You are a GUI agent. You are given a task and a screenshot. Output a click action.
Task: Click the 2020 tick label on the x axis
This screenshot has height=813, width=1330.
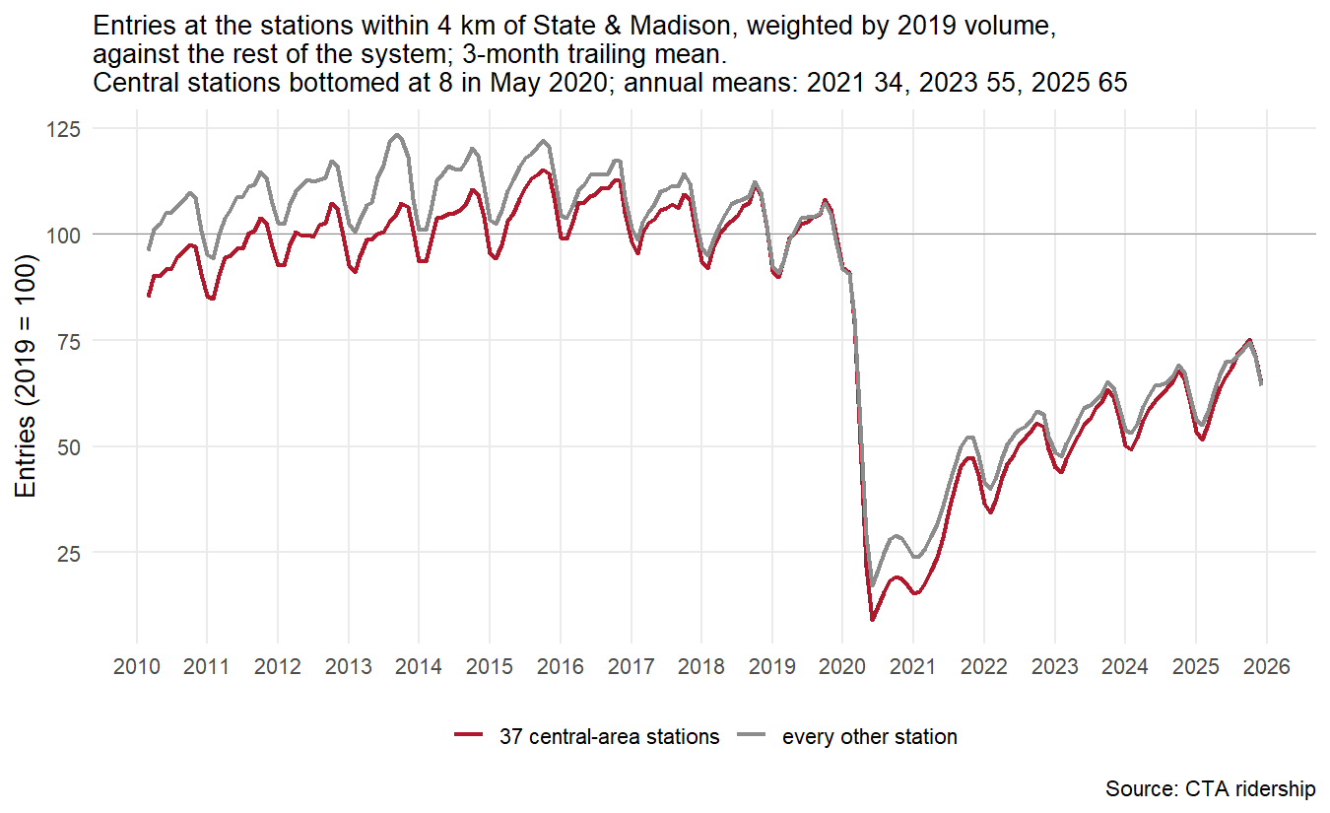pos(842,667)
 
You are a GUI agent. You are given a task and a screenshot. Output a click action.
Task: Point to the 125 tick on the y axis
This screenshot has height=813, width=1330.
pos(63,129)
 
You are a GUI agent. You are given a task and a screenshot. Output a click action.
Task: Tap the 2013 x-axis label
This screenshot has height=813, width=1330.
pos(348,667)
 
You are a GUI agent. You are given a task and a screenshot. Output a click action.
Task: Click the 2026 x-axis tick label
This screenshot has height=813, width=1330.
pos(1267,667)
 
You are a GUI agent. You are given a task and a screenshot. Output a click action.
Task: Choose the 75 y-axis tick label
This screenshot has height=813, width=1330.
pos(69,342)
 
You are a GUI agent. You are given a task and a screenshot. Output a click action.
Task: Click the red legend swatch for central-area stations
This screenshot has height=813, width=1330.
pos(469,735)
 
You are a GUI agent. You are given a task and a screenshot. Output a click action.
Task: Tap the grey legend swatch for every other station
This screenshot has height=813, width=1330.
pos(751,735)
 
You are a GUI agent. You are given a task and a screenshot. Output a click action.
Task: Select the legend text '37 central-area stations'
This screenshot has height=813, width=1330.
pos(609,737)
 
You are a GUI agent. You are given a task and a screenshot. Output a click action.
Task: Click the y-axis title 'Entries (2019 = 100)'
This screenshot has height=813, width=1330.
pos(26,375)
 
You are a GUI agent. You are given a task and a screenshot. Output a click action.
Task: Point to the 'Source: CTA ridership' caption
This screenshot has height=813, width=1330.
pos(1210,789)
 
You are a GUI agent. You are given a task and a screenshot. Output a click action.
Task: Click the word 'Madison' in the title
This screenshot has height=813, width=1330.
pos(680,27)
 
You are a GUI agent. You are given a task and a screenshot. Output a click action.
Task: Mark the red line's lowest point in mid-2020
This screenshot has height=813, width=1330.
pos(872,620)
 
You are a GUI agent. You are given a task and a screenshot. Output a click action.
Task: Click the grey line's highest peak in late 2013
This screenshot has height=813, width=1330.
pos(397,135)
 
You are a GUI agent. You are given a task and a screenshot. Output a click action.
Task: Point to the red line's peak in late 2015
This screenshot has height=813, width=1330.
pos(543,170)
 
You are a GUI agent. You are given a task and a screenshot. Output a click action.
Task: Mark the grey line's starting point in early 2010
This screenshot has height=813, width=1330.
pos(149,249)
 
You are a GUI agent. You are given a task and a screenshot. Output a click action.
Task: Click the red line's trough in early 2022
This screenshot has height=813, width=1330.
pos(990,512)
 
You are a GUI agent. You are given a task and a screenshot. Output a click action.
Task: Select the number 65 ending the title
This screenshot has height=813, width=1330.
pos(1112,83)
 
